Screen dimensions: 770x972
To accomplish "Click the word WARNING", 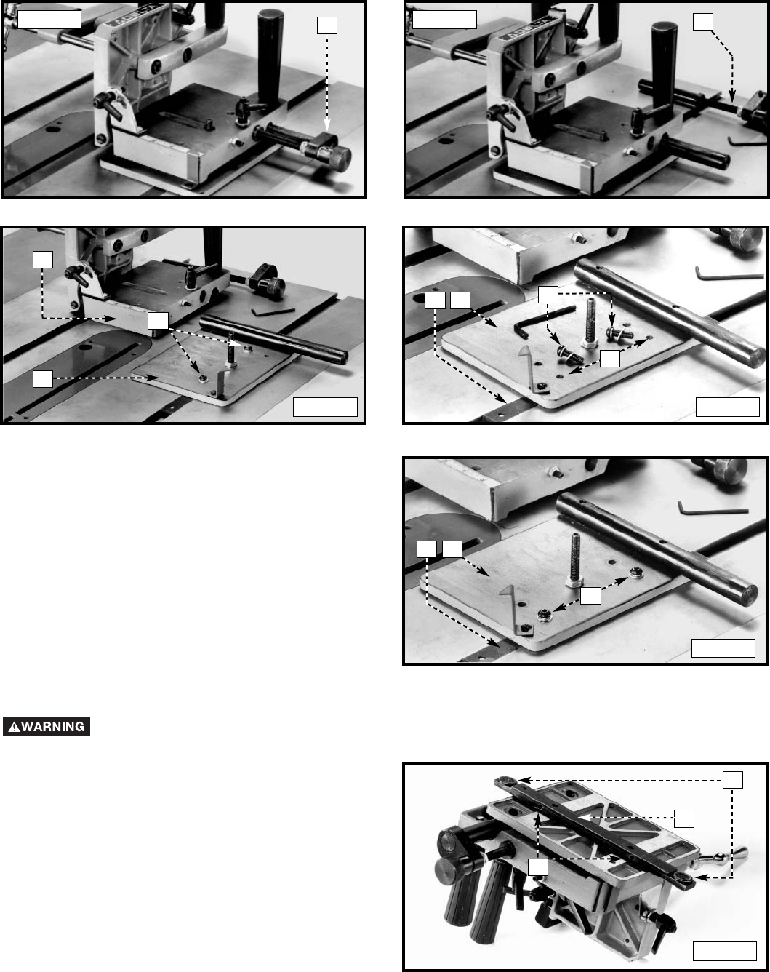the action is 53,727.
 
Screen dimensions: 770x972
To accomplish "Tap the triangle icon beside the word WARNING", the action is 13,727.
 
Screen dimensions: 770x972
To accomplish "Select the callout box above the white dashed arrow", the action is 327,25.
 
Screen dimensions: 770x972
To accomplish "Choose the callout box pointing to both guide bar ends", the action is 732,780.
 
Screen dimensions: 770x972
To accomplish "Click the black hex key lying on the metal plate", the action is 542,320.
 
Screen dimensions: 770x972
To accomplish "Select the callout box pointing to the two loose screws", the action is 548,295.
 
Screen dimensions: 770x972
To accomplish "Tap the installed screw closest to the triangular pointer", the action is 544,617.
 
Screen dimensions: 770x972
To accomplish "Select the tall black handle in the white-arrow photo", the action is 273,55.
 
